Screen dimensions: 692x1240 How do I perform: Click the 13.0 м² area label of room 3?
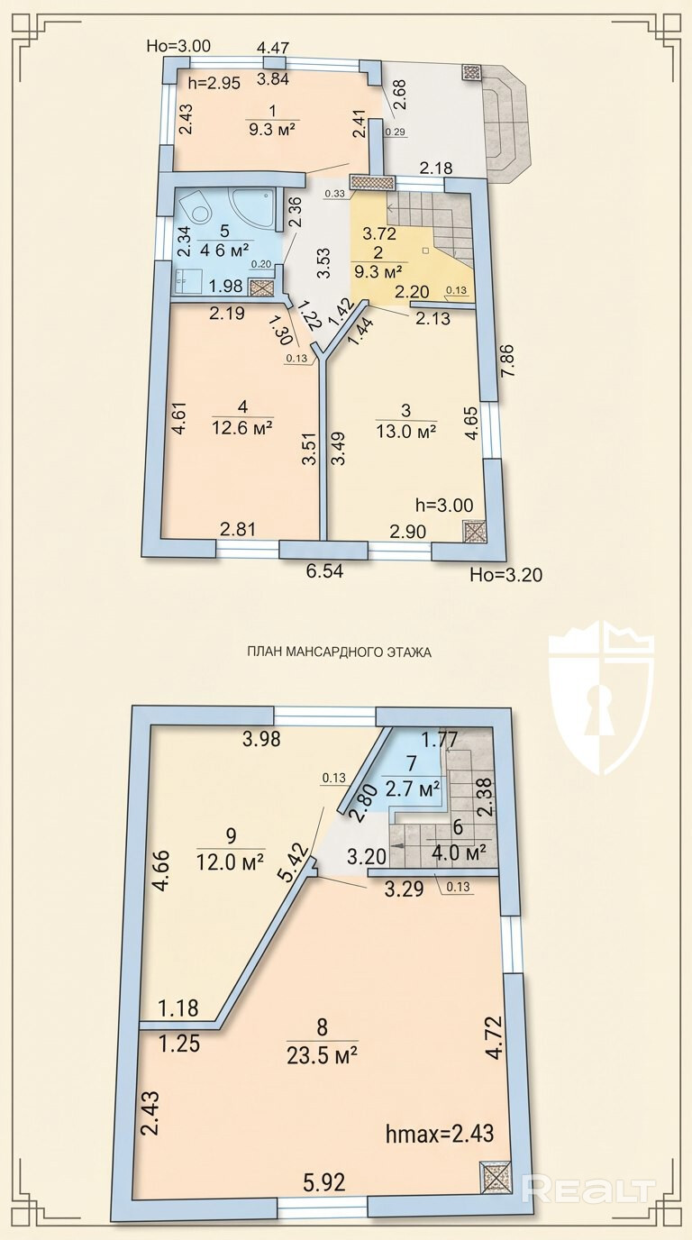407,432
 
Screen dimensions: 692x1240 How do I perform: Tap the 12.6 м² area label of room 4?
242,428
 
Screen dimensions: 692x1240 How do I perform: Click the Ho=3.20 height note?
506,575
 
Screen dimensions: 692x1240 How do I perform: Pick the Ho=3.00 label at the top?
178,46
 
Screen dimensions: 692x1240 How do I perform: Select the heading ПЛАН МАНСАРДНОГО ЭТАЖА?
339,652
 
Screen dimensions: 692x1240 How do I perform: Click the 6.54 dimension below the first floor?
325,570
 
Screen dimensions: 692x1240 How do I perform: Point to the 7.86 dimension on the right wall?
507,361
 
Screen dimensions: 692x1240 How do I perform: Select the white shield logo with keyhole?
602,697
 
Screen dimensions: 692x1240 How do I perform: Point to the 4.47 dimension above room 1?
273,48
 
